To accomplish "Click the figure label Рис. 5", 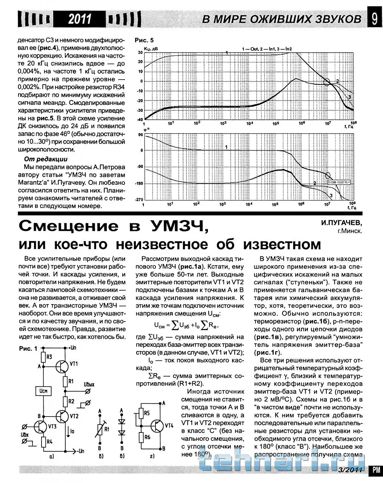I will [x=144, y=40].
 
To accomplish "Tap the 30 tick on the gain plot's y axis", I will [x=140, y=52].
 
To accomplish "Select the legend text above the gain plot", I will [x=266, y=49].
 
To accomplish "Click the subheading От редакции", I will [x=46, y=159].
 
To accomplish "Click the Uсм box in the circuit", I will [x=43, y=391].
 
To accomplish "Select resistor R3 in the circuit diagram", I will [x=43, y=356].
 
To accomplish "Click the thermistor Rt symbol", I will [x=100, y=429].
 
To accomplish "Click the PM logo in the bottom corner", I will [x=376, y=469].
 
